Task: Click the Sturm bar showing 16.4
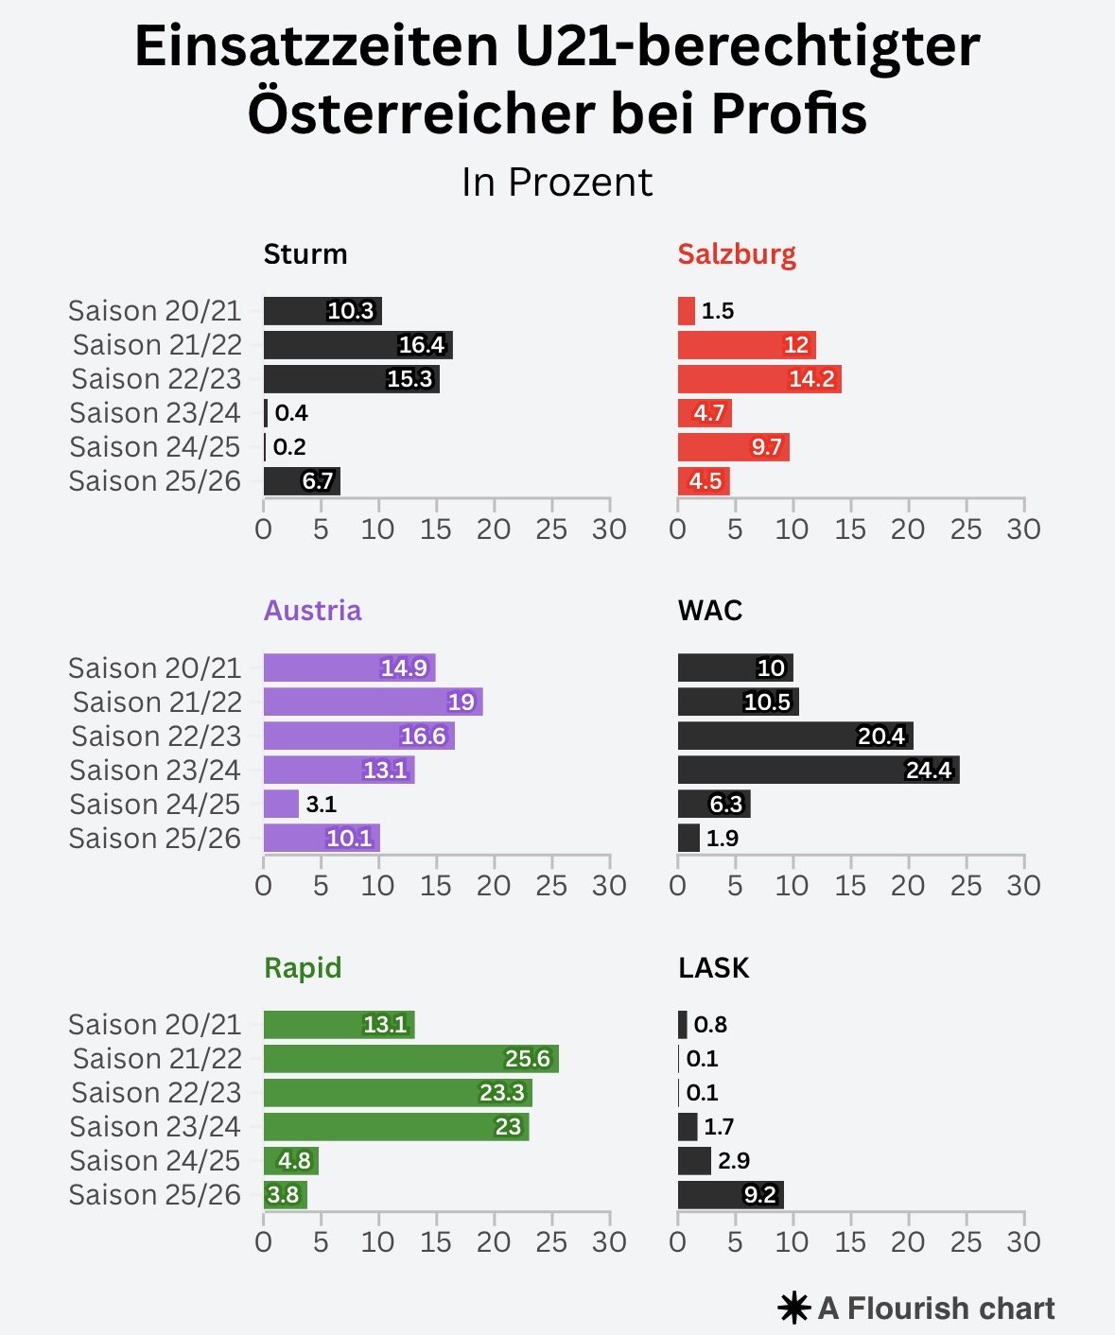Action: [357, 345]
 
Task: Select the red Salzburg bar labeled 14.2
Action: [758, 379]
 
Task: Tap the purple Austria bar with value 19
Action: [373, 702]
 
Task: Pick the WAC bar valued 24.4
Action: [818, 770]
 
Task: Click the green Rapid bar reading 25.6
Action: [410, 1059]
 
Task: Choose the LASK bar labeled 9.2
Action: [730, 1195]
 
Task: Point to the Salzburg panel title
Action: [737, 254]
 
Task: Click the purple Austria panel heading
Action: [312, 611]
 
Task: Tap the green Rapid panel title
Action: [303, 968]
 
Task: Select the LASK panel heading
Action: [713, 968]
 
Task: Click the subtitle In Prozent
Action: [557, 182]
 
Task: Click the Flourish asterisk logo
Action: [793, 1309]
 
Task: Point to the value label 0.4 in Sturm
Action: [291, 413]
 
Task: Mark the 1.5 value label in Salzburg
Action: [718, 311]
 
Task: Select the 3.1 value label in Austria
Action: [322, 805]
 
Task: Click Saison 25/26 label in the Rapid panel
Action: [155, 1195]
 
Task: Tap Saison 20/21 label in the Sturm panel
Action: [155, 311]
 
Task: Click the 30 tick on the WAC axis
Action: [1023, 886]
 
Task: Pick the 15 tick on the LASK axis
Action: [850, 1242]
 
